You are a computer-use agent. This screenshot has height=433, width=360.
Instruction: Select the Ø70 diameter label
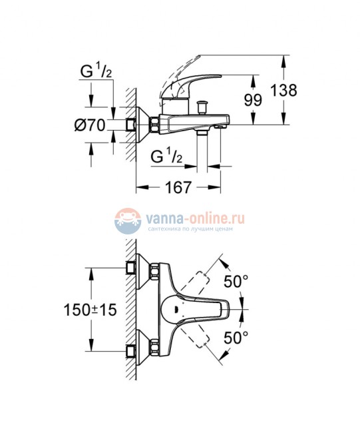click(91, 125)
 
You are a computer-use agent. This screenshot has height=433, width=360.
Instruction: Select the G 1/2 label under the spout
click(167, 157)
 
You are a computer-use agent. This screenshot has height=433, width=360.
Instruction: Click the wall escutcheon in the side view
click(142, 124)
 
